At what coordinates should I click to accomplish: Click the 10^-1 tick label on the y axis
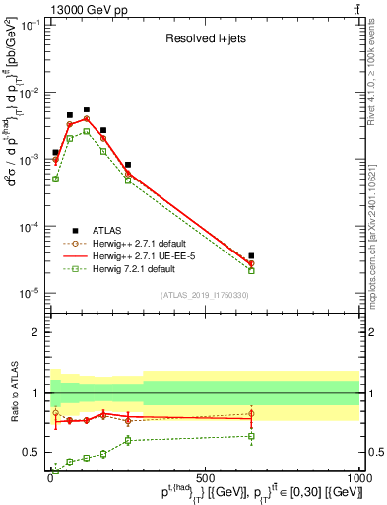pos(32,25)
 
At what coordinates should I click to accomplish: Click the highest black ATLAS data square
pos(87,109)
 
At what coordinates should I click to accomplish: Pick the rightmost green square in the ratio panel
pos(251,436)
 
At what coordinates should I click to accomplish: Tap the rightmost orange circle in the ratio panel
pos(251,414)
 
